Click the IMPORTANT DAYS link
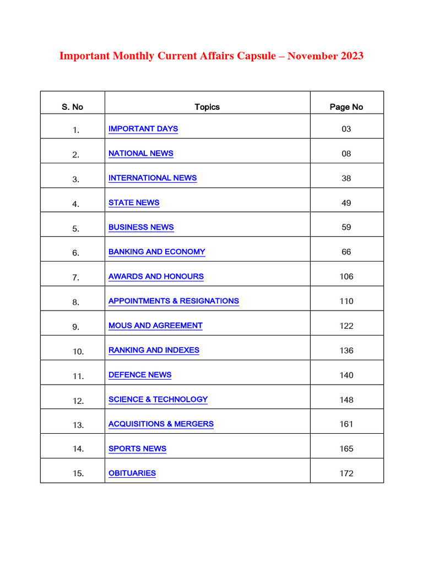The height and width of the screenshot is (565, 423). click(x=143, y=129)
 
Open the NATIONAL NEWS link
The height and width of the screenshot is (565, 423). click(x=141, y=153)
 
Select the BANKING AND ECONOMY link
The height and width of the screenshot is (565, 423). click(x=157, y=252)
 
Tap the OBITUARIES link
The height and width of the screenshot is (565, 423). click(x=132, y=473)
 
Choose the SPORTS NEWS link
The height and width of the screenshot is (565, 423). click(x=137, y=449)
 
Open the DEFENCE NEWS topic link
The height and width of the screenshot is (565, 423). click(x=140, y=375)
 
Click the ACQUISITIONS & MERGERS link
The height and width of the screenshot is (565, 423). click(x=161, y=424)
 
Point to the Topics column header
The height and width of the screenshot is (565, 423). click(x=207, y=107)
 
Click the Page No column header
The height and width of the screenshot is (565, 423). click(x=346, y=107)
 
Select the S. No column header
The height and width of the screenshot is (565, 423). click(x=72, y=107)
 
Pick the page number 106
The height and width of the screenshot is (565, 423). click(x=346, y=276)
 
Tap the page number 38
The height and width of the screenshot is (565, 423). click(x=346, y=178)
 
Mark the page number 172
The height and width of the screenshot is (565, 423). click(x=346, y=473)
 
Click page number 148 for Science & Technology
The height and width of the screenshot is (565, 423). click(x=346, y=399)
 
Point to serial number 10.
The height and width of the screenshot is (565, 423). click(x=78, y=351)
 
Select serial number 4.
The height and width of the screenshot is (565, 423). click(x=75, y=204)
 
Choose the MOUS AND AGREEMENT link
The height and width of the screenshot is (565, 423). click(x=155, y=326)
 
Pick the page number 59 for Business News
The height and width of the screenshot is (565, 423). click(x=346, y=227)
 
